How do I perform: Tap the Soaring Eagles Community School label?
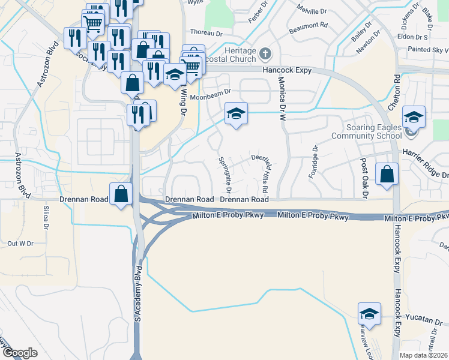pos(373,131)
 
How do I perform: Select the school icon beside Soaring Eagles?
pos(414,118)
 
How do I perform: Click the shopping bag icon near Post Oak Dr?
pos(387,175)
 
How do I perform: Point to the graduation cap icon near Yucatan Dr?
pos(369,314)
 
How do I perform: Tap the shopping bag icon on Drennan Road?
pos(121,194)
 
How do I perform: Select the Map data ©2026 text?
pos(424,355)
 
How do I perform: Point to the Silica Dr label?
pos(46,218)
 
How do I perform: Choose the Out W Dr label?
pos(20,244)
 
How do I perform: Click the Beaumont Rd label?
pos(308,26)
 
